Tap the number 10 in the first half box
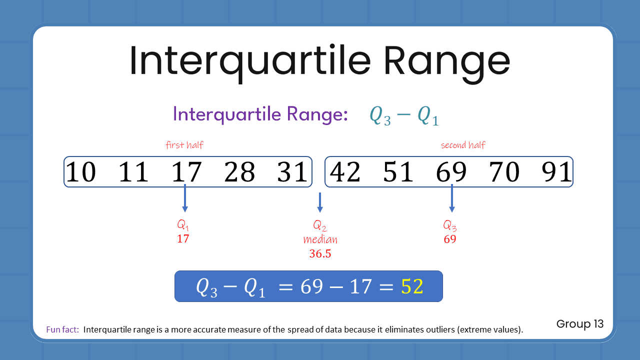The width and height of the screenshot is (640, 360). [x=80, y=172]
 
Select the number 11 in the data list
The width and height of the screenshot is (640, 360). [x=133, y=172]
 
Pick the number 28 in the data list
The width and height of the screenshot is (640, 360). [x=239, y=172]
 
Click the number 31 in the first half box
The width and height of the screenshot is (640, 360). [x=292, y=172]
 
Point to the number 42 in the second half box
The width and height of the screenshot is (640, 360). [x=345, y=172]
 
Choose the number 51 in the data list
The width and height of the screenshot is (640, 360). [x=398, y=172]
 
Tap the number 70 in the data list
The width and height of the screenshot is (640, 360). [x=504, y=172]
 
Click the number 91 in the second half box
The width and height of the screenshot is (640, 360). [x=556, y=172]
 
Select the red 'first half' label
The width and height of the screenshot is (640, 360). [x=184, y=145]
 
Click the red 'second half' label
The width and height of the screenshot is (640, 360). [x=463, y=145]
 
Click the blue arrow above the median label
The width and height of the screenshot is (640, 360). [x=320, y=202]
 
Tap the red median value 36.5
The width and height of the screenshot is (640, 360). [x=320, y=253]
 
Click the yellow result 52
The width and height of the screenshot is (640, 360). [x=411, y=286]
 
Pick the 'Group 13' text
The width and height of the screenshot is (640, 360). [x=580, y=324]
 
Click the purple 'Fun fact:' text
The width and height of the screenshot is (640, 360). [x=62, y=330]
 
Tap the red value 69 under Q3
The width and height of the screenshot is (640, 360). [x=450, y=239]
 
